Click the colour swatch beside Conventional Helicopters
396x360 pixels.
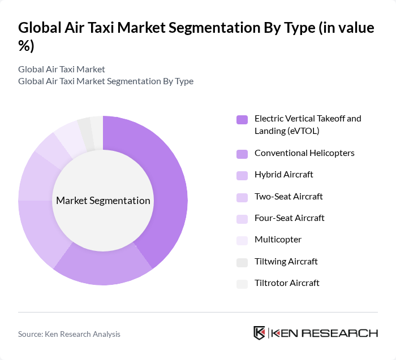pos(242,154)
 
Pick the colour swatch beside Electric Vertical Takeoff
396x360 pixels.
pos(242,119)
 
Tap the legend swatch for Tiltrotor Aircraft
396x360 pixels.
pos(242,284)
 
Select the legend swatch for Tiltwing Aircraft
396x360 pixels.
pos(242,262)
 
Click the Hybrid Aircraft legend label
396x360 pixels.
pos(283,175)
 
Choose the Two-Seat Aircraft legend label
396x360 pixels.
pos(289,197)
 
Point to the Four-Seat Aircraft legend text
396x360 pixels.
pos(289,218)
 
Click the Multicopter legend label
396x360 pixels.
pos(278,240)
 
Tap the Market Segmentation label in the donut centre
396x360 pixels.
pos(103,201)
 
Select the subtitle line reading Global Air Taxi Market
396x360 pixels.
pos(62,69)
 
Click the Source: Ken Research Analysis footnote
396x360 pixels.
pos(69,334)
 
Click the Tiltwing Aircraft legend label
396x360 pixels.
pos(286,262)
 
